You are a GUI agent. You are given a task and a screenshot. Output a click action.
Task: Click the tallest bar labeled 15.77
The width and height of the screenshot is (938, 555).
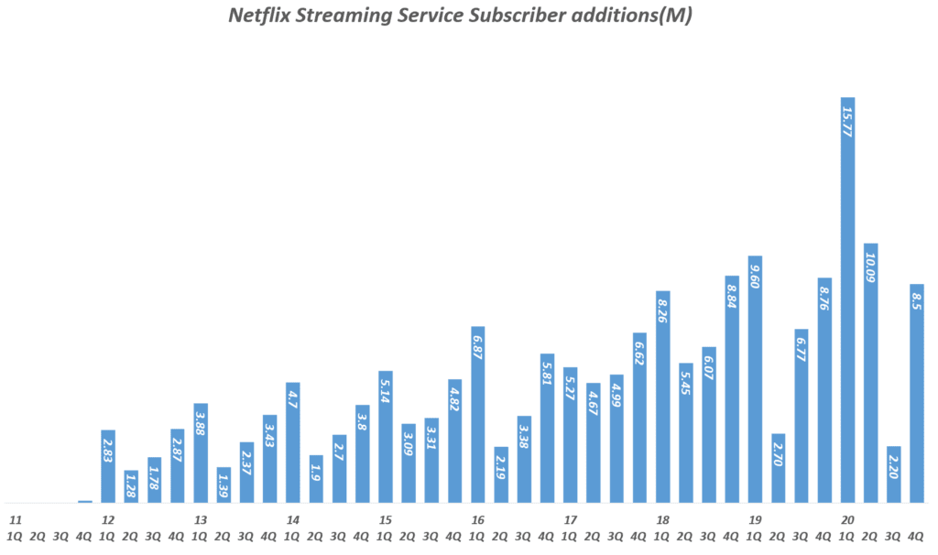848,302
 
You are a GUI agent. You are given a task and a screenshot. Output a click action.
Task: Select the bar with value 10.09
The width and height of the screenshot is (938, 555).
871,375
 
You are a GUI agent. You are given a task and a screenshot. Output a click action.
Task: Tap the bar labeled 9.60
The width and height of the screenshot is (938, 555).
755,380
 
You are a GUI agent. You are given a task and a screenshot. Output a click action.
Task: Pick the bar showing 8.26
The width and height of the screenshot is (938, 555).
662,398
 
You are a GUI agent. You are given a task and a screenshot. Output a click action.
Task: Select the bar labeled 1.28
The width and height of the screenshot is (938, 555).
131,487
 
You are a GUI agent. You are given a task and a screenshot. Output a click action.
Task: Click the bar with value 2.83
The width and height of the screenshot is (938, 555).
108,467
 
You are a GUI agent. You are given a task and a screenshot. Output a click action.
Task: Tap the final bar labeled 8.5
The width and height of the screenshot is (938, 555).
917,394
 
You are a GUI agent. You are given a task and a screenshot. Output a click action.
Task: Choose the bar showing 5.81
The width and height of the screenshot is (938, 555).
547,429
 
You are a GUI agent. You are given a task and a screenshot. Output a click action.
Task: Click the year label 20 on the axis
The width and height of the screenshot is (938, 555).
847,520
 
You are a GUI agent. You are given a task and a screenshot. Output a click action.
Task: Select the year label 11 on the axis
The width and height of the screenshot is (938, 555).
16,520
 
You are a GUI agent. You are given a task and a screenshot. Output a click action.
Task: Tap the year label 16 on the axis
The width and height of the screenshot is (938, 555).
477,520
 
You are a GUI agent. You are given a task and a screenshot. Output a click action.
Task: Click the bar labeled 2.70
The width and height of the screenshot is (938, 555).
779,469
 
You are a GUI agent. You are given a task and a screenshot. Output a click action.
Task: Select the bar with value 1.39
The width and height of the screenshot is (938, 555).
224,485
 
